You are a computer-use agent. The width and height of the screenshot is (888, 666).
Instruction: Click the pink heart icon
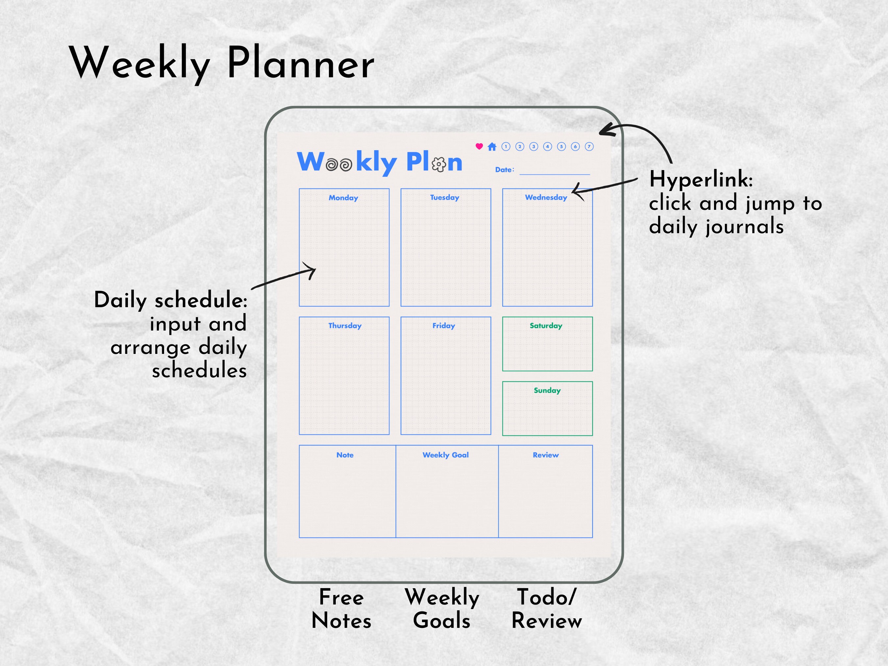[x=479, y=147]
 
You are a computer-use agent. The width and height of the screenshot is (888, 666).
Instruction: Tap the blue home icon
[x=492, y=147]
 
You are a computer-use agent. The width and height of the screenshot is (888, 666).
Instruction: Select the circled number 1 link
[x=506, y=147]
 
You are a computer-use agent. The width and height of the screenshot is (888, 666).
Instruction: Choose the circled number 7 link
[x=589, y=147]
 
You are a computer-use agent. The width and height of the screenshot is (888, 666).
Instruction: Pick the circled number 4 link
[x=548, y=147]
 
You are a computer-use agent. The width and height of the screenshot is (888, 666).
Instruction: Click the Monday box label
[x=343, y=198]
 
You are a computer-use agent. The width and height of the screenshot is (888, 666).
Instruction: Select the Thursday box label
[x=345, y=326]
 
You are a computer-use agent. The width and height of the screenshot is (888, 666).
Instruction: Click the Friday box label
[x=444, y=326]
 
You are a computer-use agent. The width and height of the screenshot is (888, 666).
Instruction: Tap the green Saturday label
[x=546, y=326]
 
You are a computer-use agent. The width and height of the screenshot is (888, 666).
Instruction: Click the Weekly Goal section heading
[x=446, y=455]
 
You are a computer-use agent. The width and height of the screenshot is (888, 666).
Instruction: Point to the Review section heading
[x=546, y=455]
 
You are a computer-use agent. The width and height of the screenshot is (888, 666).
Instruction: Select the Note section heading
[x=345, y=455]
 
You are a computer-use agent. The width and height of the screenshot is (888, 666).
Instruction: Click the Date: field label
[x=504, y=170]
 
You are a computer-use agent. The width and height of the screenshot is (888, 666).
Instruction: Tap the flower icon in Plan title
[x=439, y=164]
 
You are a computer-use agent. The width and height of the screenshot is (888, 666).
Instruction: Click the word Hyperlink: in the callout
[x=701, y=180]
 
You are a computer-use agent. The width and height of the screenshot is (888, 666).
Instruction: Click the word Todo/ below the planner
[x=546, y=597]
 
